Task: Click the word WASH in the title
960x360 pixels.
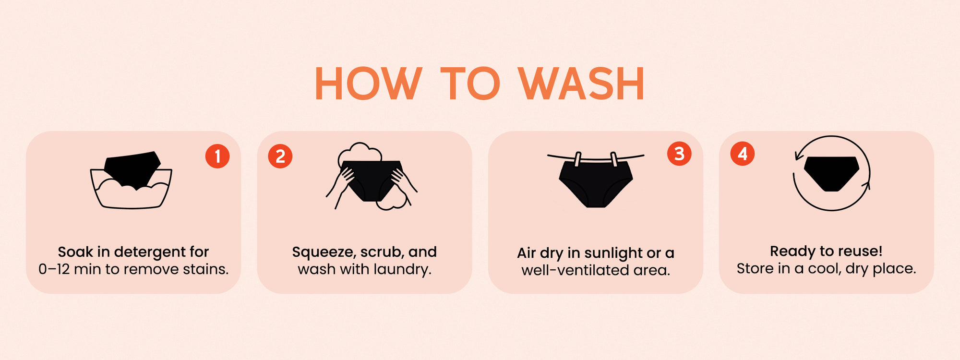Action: pos(581,84)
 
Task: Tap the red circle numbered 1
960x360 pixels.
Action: pos(217,156)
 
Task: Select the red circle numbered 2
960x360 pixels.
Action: pos(280,156)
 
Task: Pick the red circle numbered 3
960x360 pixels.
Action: pos(679,154)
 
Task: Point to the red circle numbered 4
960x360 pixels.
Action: pos(743,154)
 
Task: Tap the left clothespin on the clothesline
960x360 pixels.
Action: pos(577,159)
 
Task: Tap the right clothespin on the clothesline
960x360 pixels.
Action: pos(614,159)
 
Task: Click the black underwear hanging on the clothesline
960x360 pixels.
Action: pos(596,185)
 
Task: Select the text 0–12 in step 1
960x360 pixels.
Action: pos(54,269)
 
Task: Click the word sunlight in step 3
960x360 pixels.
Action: pos(613,253)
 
